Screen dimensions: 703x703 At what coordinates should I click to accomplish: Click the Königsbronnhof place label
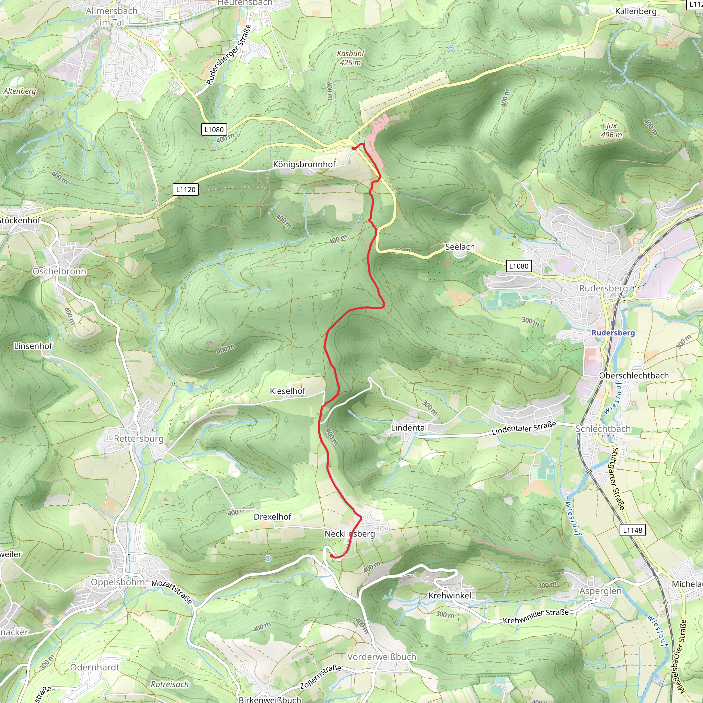304,164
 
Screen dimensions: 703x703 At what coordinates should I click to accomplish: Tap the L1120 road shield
186,189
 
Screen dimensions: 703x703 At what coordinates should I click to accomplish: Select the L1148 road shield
632,530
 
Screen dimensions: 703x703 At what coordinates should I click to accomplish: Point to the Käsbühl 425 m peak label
350,58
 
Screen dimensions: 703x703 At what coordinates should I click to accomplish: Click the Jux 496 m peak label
611,130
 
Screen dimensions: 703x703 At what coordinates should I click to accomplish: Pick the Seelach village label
460,247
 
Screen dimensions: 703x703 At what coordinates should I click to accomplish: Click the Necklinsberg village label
350,533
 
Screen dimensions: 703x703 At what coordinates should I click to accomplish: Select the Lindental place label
408,428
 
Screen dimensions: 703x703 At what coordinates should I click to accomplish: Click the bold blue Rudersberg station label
613,333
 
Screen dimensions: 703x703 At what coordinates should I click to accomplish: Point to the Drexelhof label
273,517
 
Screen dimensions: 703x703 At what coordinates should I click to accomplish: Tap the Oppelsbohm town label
118,582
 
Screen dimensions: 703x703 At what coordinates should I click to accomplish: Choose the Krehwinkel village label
450,595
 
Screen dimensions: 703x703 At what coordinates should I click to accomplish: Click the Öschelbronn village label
60,272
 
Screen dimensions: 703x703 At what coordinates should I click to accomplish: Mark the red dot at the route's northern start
354,148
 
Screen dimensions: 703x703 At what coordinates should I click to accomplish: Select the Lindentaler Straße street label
523,428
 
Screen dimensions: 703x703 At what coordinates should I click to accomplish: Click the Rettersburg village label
139,438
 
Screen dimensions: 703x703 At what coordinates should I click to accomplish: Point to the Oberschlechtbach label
634,376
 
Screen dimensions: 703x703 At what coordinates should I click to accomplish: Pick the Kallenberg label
636,11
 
